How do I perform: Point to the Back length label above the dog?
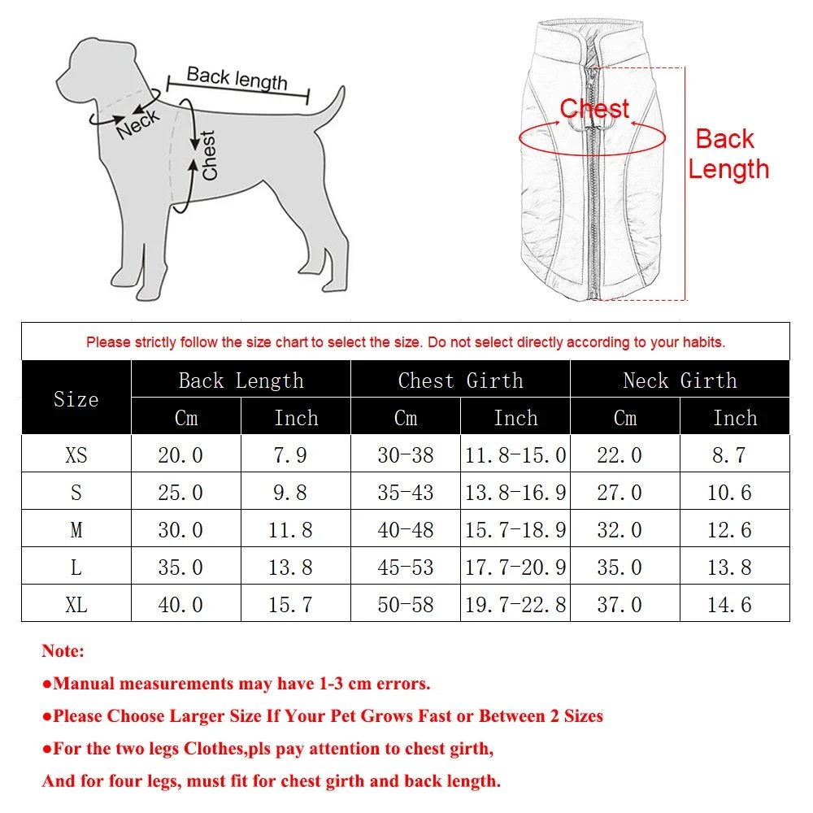pos(237,78)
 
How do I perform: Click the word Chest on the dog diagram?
pos(209,155)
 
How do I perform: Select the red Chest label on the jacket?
pos(594,109)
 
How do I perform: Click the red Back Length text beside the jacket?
pos(728,154)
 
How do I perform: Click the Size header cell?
pos(76,398)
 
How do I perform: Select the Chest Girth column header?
pos(460,380)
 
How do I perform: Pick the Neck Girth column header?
pos(680,380)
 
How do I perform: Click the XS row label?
pos(76,454)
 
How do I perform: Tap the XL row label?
pos(76,604)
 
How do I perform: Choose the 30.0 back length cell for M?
pos(180,529)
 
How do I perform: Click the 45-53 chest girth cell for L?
pos(406,567)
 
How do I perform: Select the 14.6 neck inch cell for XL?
pos(729,604)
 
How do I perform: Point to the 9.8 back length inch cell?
pos(290,492)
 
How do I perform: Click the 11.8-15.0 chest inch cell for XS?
pos(515,454)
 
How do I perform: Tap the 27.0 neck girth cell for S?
pos(620,492)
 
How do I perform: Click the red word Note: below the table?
pos(63,651)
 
